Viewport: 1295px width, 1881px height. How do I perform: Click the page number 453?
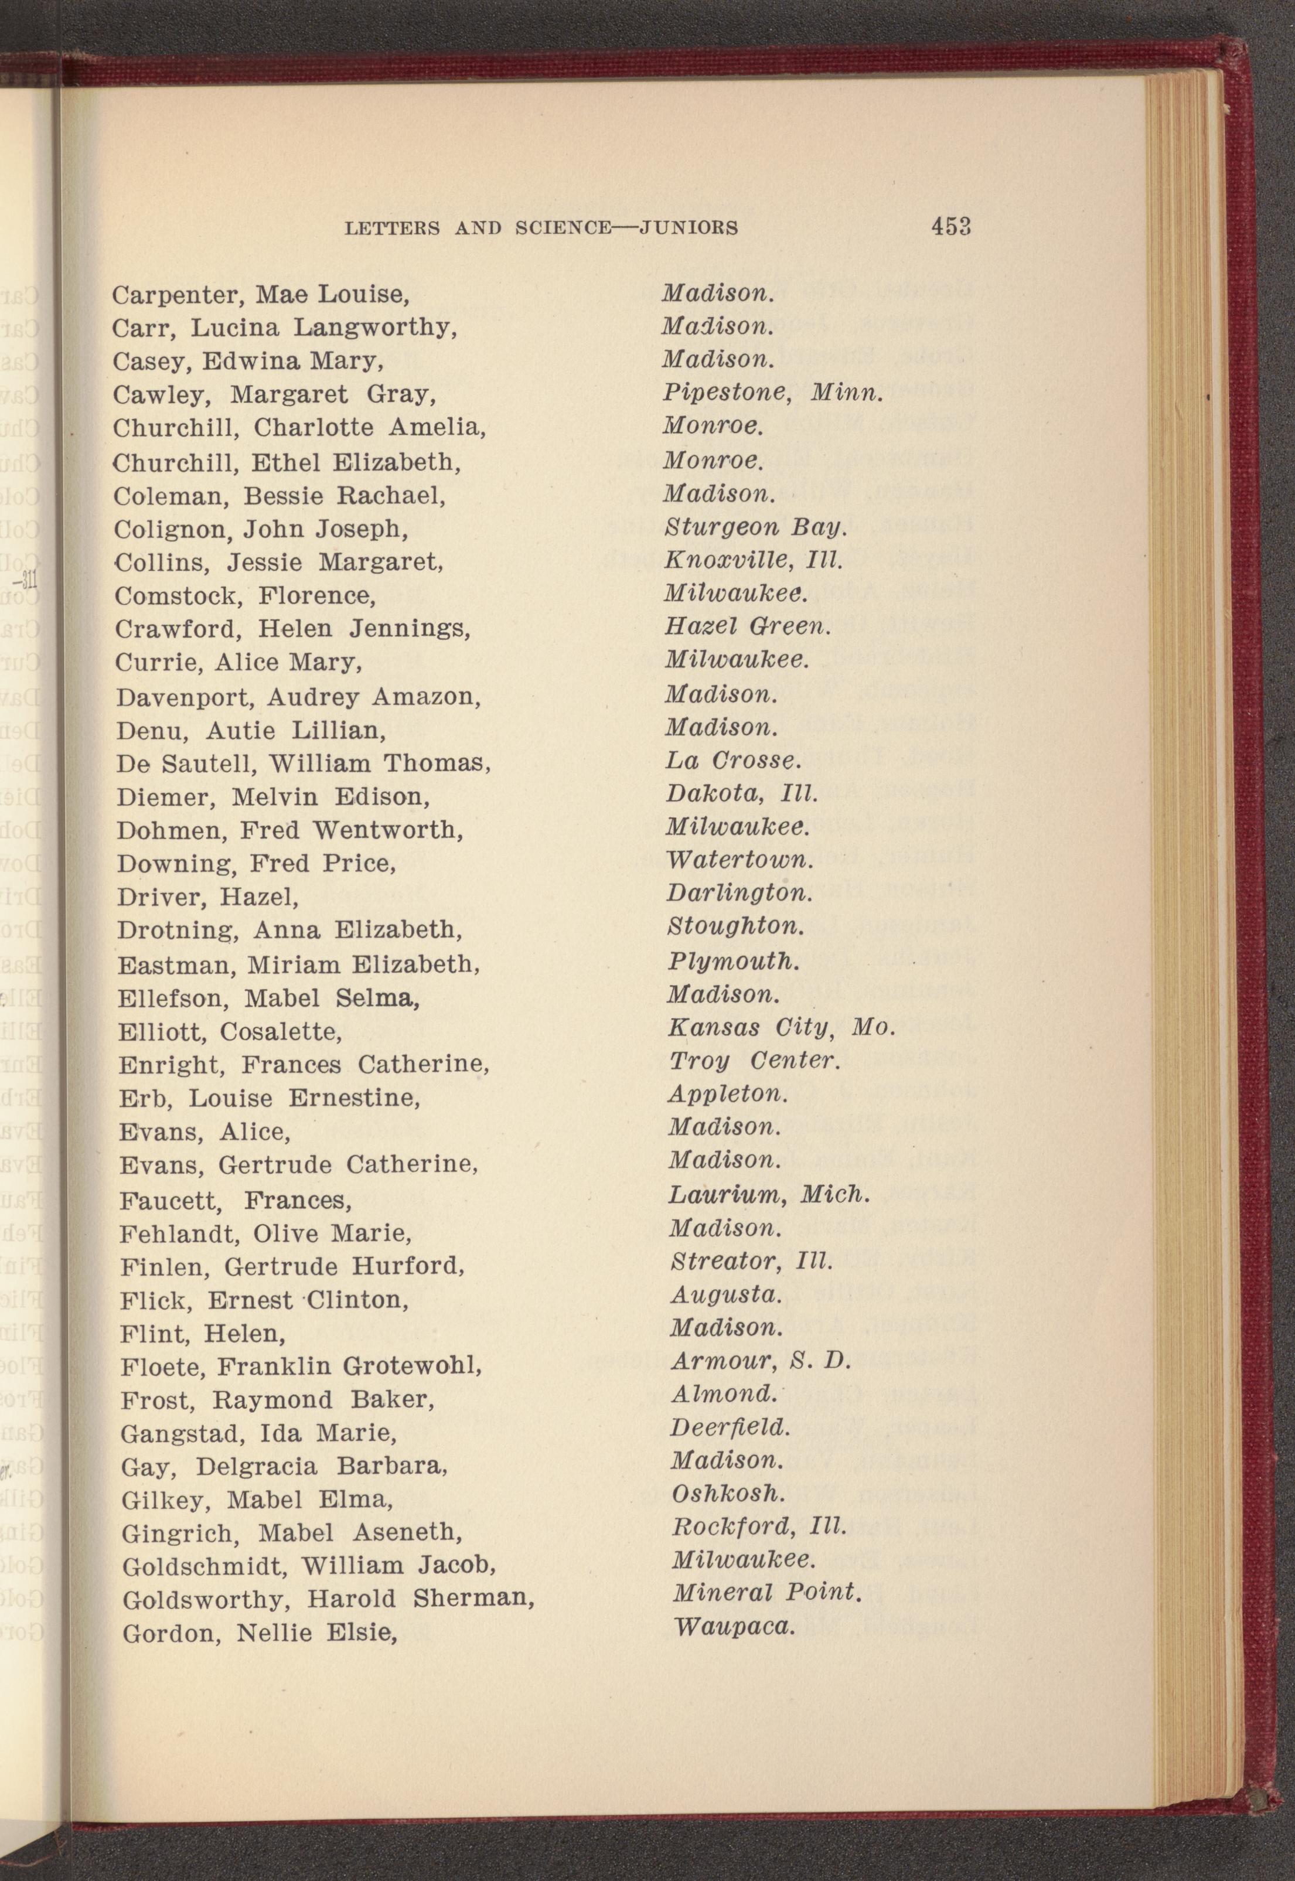click(951, 226)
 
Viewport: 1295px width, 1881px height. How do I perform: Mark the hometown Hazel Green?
click(747, 626)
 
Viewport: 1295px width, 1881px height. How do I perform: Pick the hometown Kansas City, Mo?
click(781, 1028)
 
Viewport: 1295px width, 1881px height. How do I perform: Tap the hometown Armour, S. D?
click(760, 1361)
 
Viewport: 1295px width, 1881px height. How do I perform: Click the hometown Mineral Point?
click(765, 1592)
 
